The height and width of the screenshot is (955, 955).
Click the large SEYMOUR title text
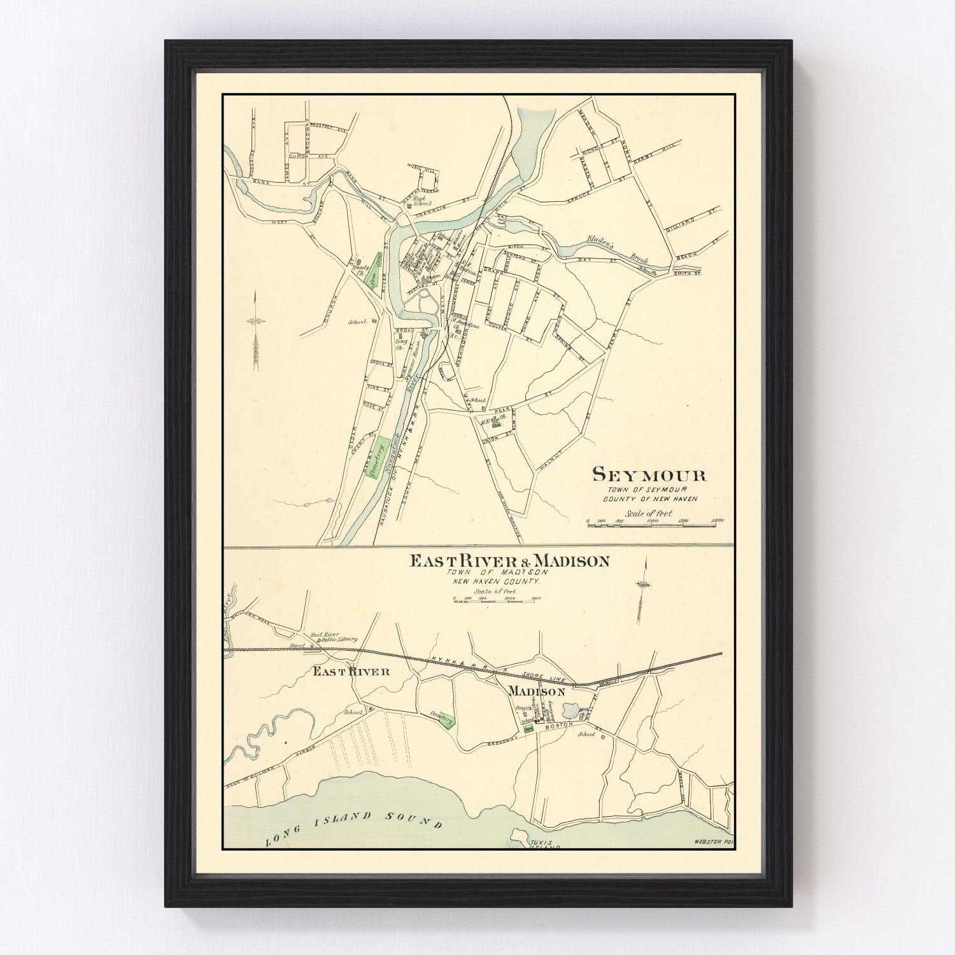pos(649,474)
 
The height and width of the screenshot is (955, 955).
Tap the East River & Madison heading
pos(509,561)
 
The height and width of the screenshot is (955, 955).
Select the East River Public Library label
pos(334,637)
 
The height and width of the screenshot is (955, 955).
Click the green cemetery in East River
pos(443,718)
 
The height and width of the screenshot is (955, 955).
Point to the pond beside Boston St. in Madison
pos(571,710)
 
